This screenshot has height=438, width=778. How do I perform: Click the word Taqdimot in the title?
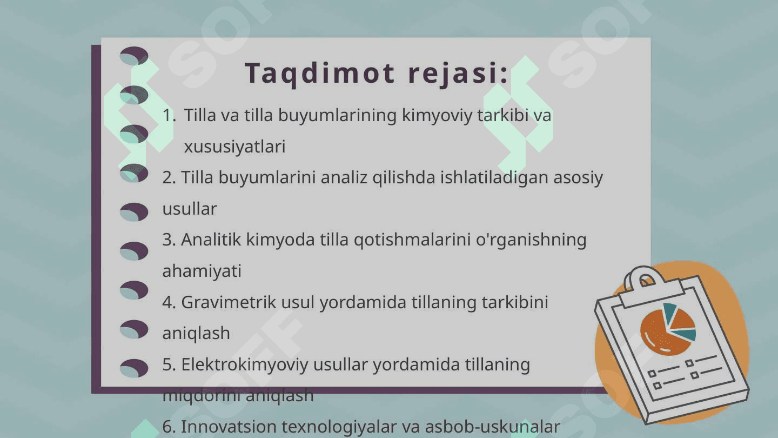pos(319,74)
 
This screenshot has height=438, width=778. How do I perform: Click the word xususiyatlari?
pos(234,147)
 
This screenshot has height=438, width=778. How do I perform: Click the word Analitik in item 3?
pos(211,240)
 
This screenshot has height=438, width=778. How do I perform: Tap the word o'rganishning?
pos(531,240)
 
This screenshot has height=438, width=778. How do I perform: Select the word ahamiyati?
pos(202,271)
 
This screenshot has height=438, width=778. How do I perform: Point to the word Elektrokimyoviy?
pos(245,365)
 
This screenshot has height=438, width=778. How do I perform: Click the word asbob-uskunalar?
pos(493,427)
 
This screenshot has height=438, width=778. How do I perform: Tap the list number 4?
pos(169,302)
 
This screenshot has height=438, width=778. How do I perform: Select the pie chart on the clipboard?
pos(668,329)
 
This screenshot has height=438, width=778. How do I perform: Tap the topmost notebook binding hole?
pos(134,56)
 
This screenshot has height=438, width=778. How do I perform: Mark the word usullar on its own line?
pos(190,209)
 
